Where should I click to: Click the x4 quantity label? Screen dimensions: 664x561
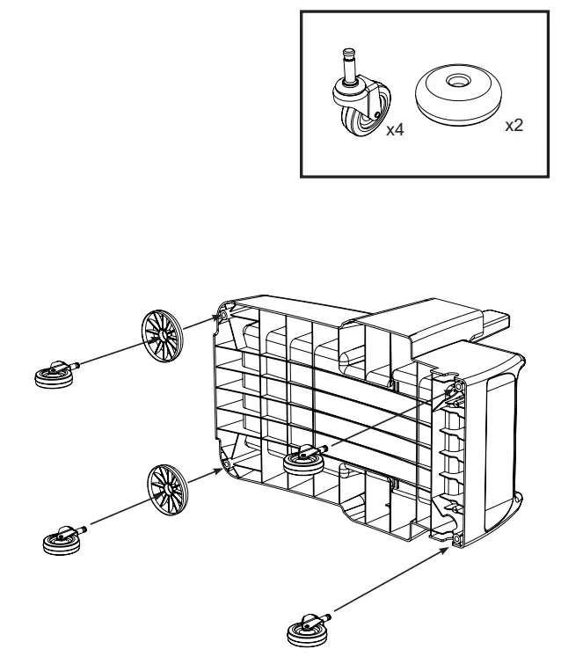(394, 129)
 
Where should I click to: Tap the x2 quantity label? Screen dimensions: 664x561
(514, 125)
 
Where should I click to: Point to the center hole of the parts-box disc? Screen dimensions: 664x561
(456, 81)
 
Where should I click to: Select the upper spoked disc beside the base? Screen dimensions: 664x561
(162, 334)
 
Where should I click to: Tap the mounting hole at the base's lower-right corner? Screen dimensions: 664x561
(456, 538)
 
